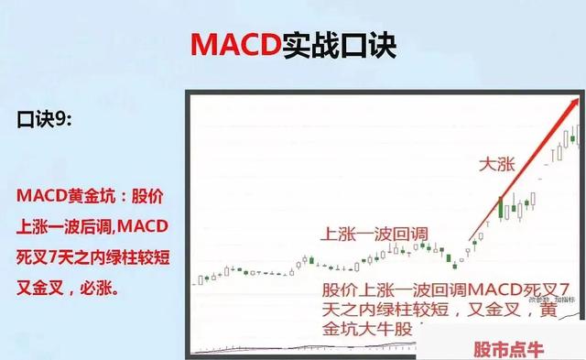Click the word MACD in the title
click(x=233, y=44)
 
